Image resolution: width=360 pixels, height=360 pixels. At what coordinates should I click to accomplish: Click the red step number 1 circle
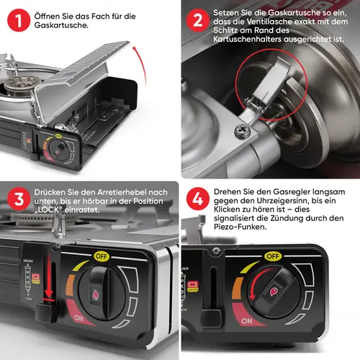point(19,20)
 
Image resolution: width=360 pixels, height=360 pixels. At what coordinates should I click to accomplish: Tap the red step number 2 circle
point(198,20)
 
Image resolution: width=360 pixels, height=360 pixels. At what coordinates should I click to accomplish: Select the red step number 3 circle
point(19,199)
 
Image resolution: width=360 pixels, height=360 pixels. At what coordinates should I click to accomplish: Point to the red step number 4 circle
point(198,199)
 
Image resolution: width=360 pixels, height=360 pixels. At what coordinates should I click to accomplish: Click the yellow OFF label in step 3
point(102,256)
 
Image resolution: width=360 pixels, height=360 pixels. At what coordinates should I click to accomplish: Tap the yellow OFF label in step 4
point(273,256)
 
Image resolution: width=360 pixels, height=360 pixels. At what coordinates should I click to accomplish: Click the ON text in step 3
point(78,318)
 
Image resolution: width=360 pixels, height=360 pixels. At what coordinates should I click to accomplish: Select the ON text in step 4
point(247,321)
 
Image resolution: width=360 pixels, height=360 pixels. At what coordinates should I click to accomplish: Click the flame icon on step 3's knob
point(96,294)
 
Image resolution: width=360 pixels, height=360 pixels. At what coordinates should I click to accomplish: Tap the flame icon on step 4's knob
point(274,292)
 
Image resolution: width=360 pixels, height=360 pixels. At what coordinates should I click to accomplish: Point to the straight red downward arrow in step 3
point(49,276)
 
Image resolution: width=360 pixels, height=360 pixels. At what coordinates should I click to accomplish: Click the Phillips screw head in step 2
point(243,131)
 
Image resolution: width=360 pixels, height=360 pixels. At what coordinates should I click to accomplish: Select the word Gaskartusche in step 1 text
point(61,25)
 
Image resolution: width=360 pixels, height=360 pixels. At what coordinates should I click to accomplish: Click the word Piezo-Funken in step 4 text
point(240,227)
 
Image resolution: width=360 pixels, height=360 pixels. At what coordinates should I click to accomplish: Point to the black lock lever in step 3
point(45,312)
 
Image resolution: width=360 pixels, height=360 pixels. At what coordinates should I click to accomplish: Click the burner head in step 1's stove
point(20,84)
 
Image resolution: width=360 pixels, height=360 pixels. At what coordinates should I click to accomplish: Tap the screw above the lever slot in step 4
point(216,251)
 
